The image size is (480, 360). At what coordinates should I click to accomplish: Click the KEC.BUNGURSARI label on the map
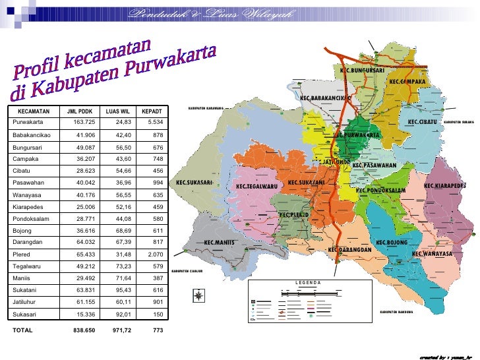(x=362, y=71)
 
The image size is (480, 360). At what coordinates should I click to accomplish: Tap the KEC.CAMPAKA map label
(x=407, y=81)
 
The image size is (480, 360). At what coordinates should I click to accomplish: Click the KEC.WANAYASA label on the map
(x=432, y=254)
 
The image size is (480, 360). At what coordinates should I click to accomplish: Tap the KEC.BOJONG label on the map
(x=392, y=243)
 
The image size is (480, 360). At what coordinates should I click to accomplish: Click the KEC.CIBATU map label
(x=423, y=122)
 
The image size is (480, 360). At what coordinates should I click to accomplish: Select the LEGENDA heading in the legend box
(x=308, y=283)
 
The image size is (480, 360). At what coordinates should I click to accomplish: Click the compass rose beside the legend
(x=198, y=297)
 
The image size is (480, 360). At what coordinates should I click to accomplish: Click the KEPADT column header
(x=152, y=111)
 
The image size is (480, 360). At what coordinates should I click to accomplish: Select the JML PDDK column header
(x=80, y=111)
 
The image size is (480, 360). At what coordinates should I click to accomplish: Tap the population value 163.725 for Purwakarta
(x=84, y=123)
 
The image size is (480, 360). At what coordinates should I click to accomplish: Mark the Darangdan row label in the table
(x=28, y=242)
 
